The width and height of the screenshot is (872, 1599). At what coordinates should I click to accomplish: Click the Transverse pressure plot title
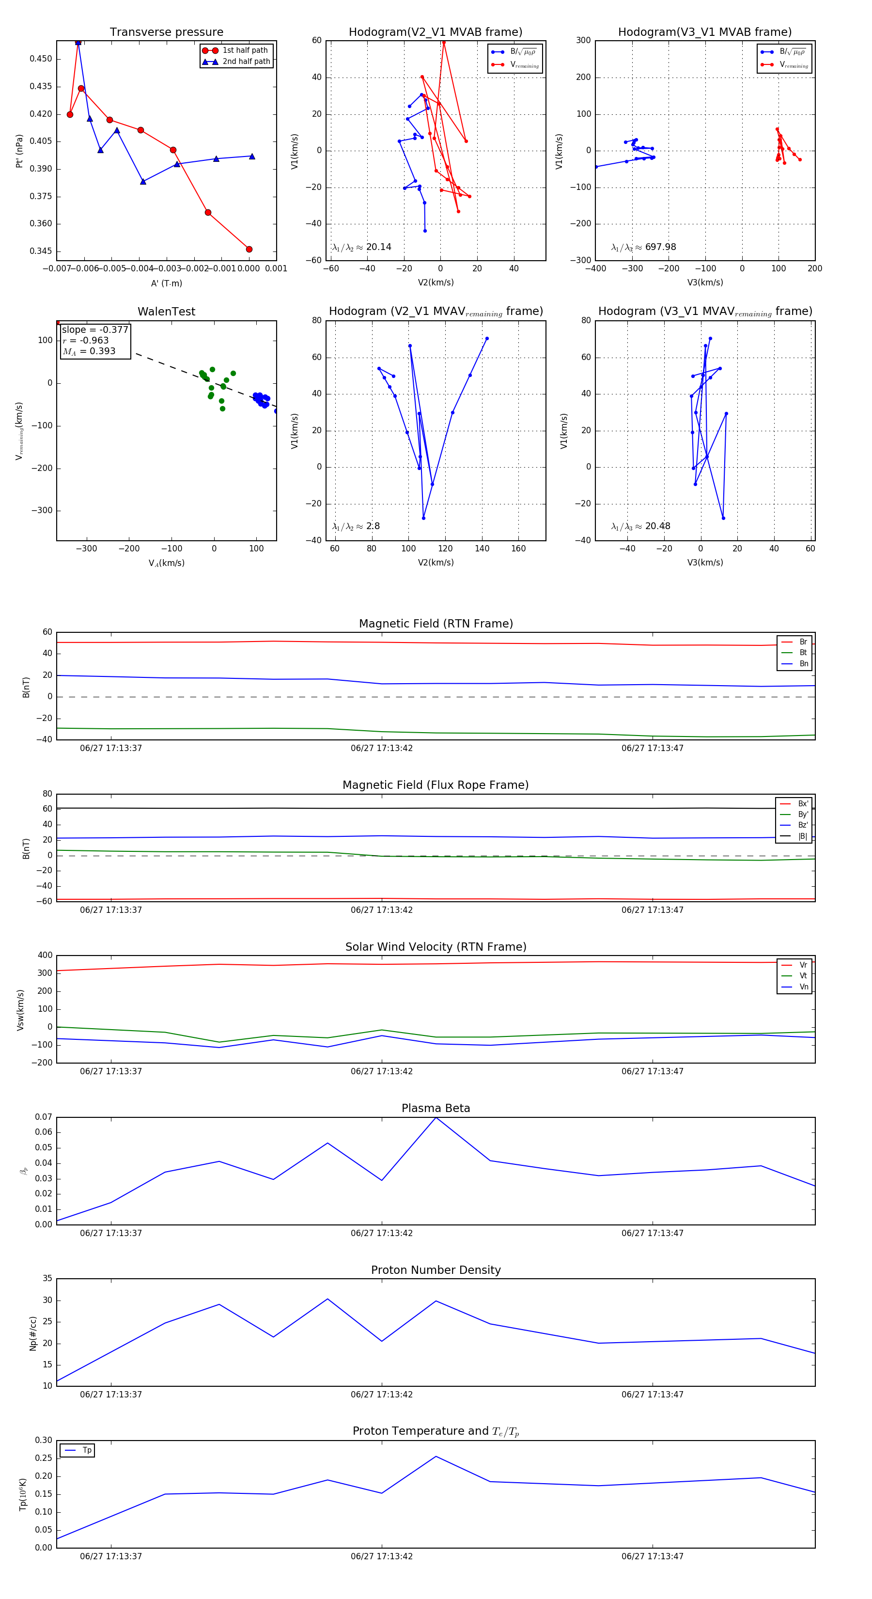166,32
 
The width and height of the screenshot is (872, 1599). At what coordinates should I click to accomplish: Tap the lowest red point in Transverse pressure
249,250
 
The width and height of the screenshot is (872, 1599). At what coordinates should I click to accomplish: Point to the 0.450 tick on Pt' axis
41,59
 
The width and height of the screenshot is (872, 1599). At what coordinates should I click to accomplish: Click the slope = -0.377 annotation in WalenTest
95,329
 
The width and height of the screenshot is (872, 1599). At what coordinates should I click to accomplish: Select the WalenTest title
166,312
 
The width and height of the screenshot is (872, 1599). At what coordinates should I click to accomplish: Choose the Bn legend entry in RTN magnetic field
803,663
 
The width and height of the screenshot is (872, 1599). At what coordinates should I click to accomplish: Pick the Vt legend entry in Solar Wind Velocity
803,976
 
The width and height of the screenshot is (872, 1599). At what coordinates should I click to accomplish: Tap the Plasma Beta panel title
436,1108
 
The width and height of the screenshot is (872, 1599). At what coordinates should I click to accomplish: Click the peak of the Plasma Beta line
436,1117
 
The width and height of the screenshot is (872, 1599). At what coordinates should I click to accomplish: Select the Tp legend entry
86,1450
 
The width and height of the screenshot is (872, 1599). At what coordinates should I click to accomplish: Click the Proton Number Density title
436,1270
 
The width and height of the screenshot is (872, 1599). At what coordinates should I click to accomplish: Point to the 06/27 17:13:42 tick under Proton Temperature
381,1556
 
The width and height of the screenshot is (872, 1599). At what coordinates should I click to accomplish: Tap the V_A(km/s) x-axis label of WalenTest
166,563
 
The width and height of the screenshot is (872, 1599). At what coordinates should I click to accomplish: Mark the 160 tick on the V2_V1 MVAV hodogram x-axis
518,549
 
